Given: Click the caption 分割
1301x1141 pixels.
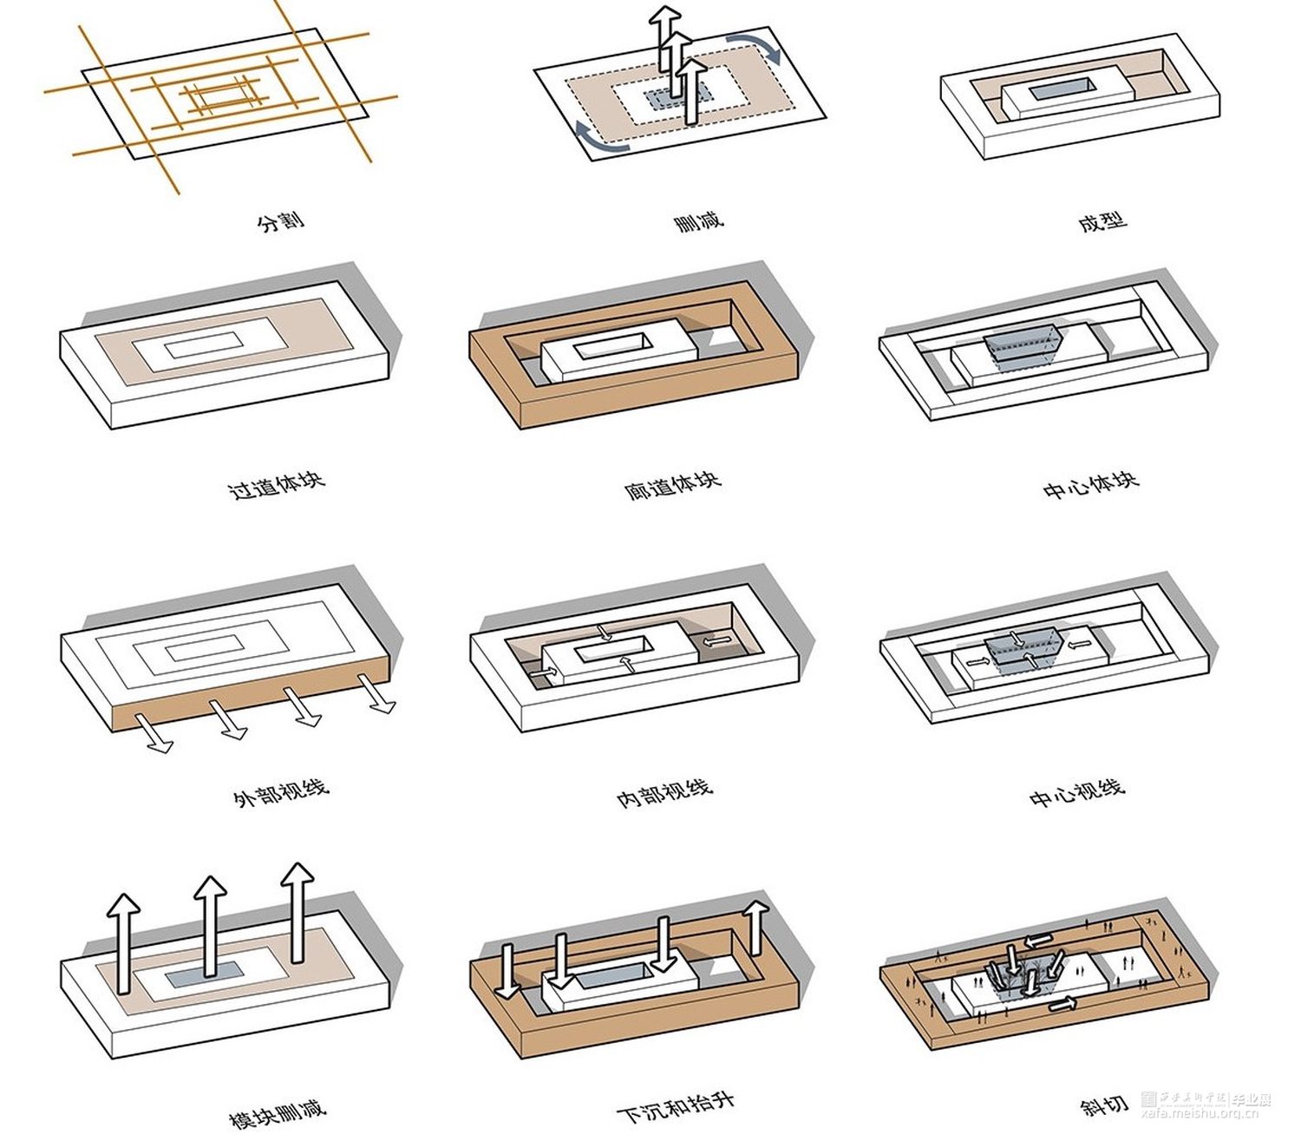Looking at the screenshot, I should coord(281,221).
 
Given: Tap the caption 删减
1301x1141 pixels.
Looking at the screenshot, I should coord(698,221).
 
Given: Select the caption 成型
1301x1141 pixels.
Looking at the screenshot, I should coord(1102,221).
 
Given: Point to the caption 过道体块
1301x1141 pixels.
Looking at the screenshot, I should coord(277,485).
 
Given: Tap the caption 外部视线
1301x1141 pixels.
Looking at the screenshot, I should coord(281,792).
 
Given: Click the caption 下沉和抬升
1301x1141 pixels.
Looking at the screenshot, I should coord(676,1105).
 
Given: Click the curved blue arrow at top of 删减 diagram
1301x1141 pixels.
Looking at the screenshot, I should coord(755,48).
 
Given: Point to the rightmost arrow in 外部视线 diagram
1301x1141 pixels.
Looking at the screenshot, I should coord(379,693).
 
